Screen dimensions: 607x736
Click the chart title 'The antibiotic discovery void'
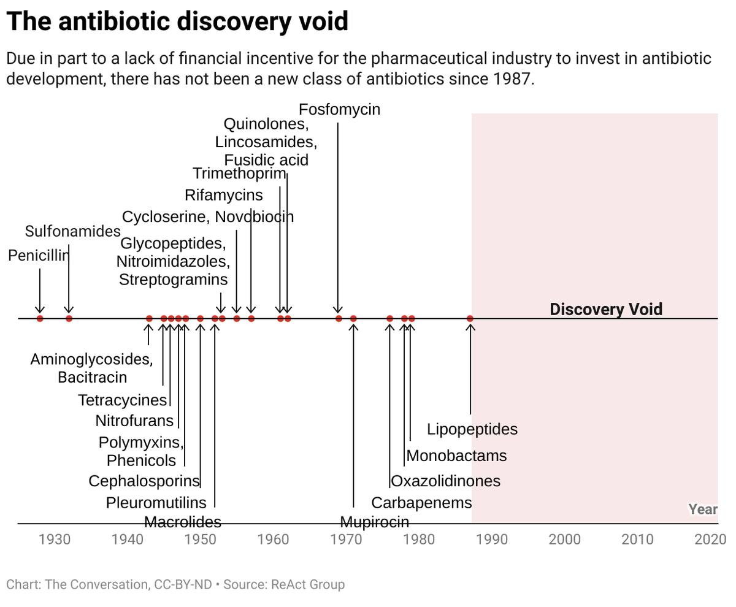click(x=177, y=22)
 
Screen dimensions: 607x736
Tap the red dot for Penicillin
click(x=40, y=318)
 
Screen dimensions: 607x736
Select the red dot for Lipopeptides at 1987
click(x=470, y=318)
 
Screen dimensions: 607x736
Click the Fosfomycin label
click(x=339, y=110)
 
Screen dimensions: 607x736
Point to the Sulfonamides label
click(x=73, y=231)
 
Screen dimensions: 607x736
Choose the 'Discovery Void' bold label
click(x=606, y=309)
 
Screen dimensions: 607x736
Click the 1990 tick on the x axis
click(x=492, y=540)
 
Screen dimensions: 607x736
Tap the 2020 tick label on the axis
click(x=711, y=540)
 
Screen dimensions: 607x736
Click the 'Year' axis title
click(x=703, y=510)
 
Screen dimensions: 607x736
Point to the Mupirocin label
click(x=374, y=522)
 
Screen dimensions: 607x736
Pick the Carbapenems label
click(x=421, y=503)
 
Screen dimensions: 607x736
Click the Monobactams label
click(x=456, y=456)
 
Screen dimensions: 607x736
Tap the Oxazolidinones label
click(x=445, y=481)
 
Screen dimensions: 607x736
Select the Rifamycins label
click(x=223, y=196)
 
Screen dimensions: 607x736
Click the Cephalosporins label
click(x=144, y=481)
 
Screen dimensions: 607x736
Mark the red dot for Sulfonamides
click(x=69, y=318)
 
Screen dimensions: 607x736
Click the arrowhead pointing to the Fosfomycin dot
click(x=338, y=310)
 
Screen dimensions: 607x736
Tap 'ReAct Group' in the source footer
click(x=307, y=584)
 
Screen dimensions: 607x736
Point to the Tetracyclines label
click(x=123, y=400)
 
